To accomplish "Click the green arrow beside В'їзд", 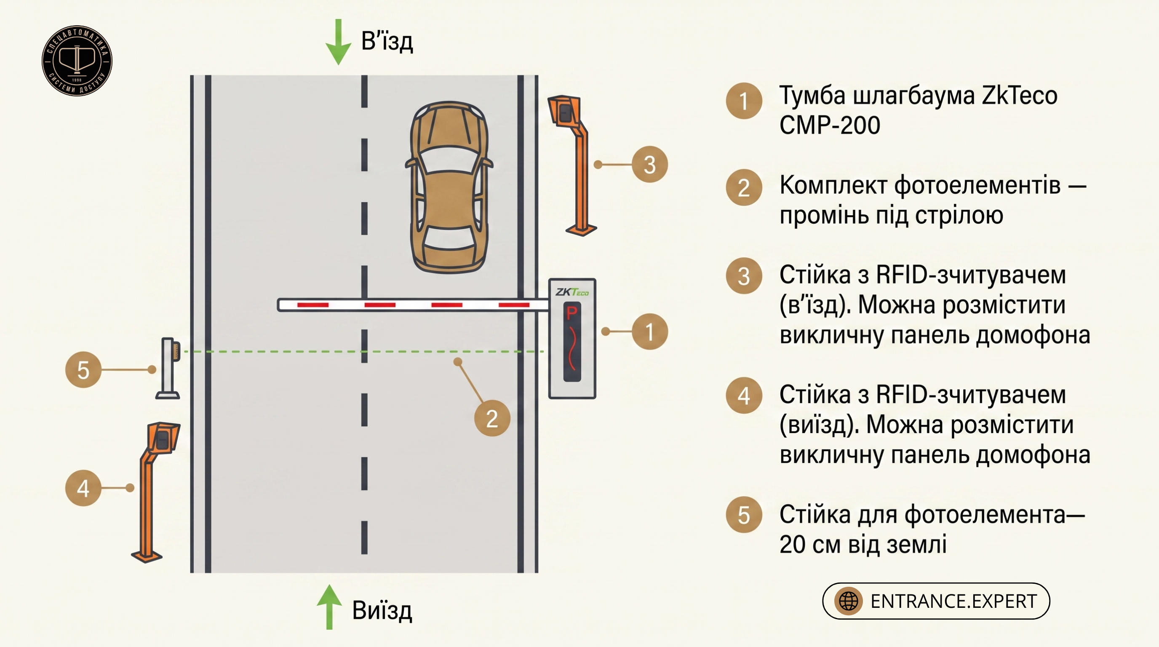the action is tap(338, 42).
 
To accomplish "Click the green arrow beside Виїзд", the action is tap(329, 607).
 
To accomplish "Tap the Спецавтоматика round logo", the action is tap(77, 61).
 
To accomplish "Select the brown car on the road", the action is tap(449, 187).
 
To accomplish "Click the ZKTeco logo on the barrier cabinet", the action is tap(572, 292).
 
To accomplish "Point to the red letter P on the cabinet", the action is tap(572, 312).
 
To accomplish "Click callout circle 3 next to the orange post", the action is tap(650, 164).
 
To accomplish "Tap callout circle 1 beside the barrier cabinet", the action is tap(650, 332).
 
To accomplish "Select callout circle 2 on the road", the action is tap(492, 418).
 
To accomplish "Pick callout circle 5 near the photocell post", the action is tap(83, 369).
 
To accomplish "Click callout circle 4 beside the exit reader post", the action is tap(83, 488).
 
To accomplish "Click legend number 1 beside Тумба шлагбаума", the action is tap(744, 101).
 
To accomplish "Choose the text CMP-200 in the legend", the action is tap(830, 125).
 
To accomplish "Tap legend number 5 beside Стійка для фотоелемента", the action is tap(744, 515).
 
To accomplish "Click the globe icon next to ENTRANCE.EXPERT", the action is tap(849, 601).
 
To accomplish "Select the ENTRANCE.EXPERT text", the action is tap(954, 601).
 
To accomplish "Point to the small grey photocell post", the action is tap(168, 368).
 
